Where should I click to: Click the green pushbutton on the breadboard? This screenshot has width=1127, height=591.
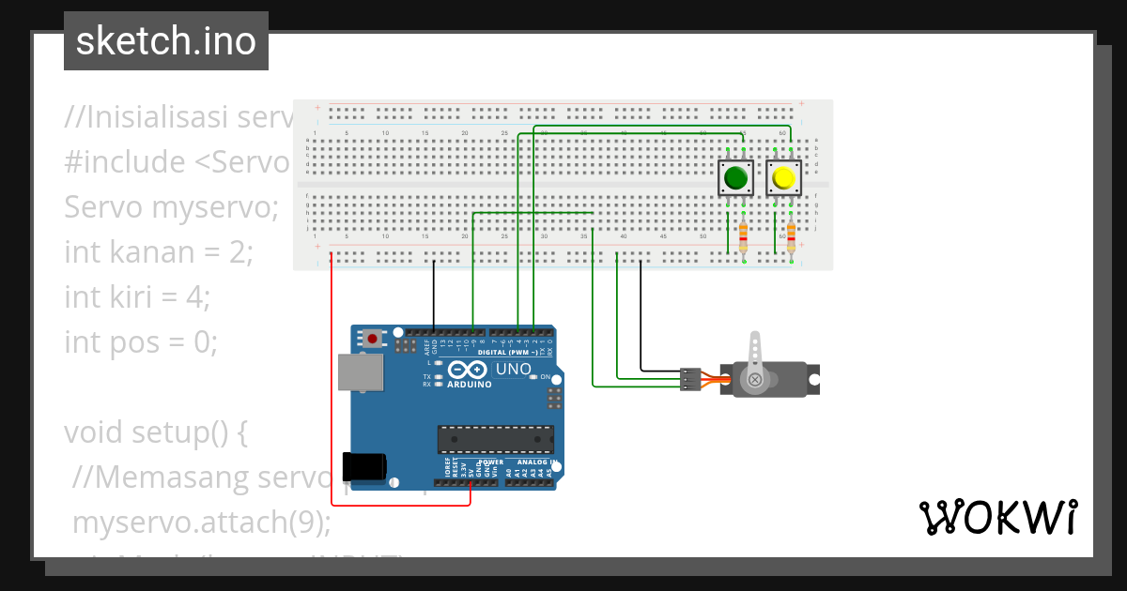point(735,177)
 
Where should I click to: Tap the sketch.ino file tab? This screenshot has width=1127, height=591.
point(166,41)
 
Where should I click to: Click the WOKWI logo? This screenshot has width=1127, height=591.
point(997,517)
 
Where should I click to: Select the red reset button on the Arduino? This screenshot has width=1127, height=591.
point(373,339)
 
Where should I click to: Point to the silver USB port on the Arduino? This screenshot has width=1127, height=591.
point(361,372)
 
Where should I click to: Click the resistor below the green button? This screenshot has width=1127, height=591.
point(744,238)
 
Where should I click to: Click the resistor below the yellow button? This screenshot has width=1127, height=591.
point(791,238)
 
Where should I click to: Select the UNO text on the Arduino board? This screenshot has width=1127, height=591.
point(513,369)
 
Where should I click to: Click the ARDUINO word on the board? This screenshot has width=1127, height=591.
point(470,385)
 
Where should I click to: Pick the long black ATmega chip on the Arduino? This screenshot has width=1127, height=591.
point(495,439)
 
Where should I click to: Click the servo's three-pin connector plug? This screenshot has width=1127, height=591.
point(690,378)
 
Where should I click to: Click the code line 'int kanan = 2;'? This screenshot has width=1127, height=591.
point(159,251)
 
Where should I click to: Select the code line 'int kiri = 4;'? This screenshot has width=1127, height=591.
point(137,296)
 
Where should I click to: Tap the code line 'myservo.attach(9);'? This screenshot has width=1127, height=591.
point(202,522)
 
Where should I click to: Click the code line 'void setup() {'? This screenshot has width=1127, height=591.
point(155,432)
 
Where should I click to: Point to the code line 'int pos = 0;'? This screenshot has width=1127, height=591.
point(141,341)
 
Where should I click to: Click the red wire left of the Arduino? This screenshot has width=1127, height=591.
point(331,375)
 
